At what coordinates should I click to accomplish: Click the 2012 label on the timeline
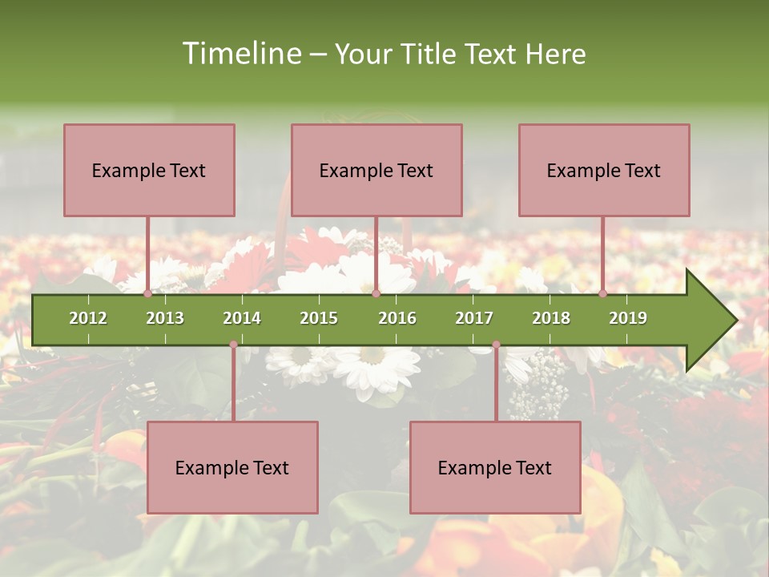point(88,318)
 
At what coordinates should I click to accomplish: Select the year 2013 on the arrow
point(165,318)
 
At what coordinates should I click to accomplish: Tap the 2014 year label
point(242,318)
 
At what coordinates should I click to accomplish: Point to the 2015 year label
point(319,318)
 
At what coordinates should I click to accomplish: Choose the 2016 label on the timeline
point(397,318)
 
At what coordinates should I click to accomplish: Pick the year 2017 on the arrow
point(474,318)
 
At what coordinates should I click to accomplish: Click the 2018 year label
point(551,318)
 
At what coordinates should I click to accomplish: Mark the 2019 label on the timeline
point(628,318)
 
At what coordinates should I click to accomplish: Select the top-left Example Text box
point(149,170)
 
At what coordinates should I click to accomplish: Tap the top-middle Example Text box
point(376,170)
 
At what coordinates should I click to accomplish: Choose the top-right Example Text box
point(604,170)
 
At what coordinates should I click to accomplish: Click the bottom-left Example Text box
point(232,467)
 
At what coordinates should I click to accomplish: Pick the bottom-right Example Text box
point(495,467)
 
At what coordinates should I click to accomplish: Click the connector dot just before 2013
point(148,293)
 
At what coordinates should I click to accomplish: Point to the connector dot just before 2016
point(376,293)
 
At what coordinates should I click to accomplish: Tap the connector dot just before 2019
point(603,293)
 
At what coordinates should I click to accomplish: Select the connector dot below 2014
point(233,345)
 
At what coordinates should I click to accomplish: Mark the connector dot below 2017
point(496,345)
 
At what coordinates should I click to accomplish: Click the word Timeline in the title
point(241,54)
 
